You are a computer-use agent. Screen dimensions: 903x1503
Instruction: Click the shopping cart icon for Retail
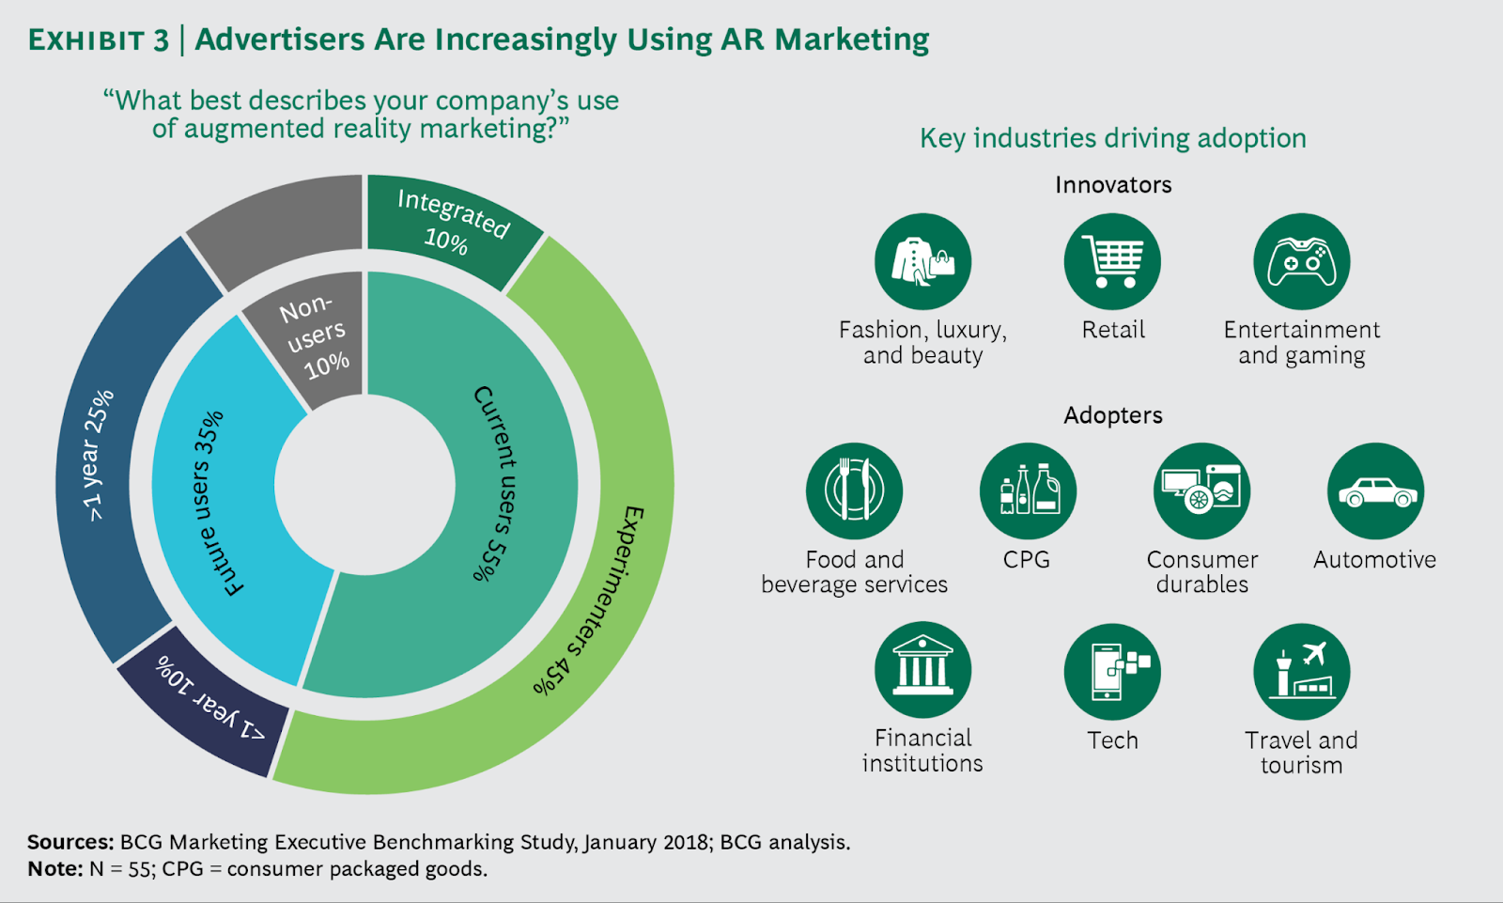point(1112,261)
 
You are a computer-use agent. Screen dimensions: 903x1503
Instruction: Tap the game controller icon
point(1301,261)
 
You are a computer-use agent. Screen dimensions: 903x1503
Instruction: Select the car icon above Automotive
point(1375,491)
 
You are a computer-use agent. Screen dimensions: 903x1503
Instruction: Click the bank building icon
point(922,670)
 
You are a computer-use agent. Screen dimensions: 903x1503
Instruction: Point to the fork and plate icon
point(854,490)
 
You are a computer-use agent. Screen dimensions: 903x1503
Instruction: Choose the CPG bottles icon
point(1028,490)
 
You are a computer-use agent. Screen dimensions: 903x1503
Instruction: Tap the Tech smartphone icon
point(1112,671)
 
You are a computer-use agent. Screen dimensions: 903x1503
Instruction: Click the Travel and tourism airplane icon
point(1301,671)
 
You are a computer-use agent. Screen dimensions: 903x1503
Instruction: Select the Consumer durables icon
point(1201,490)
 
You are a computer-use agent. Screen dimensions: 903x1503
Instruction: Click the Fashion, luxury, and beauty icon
point(922,261)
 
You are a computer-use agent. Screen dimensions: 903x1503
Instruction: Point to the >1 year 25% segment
point(103,451)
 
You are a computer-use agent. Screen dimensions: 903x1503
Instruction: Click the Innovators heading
point(1113,185)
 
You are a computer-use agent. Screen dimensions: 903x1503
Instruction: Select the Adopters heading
point(1113,415)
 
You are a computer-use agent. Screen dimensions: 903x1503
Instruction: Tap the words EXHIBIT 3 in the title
point(99,40)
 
